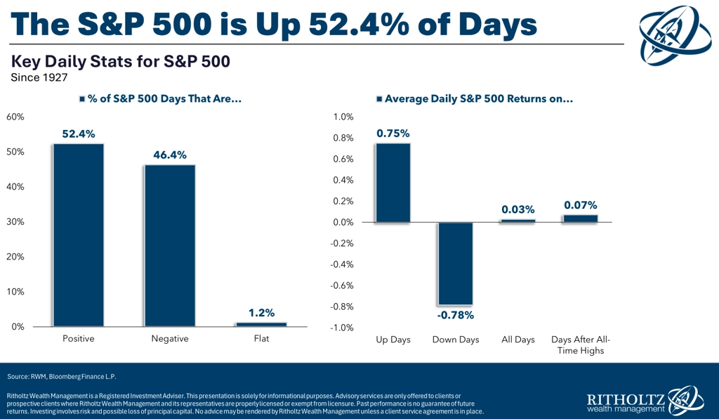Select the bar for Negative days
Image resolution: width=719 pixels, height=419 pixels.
[169, 245]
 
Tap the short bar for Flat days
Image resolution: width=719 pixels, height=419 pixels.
[261, 324]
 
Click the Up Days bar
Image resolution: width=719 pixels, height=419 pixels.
[393, 183]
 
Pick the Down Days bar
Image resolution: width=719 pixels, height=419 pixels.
[455, 264]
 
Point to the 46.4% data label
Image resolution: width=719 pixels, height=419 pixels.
[169, 155]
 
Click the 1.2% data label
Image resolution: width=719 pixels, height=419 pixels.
[261, 313]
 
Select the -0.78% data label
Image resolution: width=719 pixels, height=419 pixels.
[455, 314]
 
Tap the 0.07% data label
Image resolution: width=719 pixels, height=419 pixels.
[580, 205]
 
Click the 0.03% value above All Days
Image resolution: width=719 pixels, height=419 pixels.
[518, 209]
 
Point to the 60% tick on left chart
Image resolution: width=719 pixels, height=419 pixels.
[15, 117]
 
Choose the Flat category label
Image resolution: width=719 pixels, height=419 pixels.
[261, 339]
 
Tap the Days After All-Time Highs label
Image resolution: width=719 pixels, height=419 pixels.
[580, 344]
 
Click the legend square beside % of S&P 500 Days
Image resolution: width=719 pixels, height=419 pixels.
[82, 100]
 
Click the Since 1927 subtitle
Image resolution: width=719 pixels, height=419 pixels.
[35, 77]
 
